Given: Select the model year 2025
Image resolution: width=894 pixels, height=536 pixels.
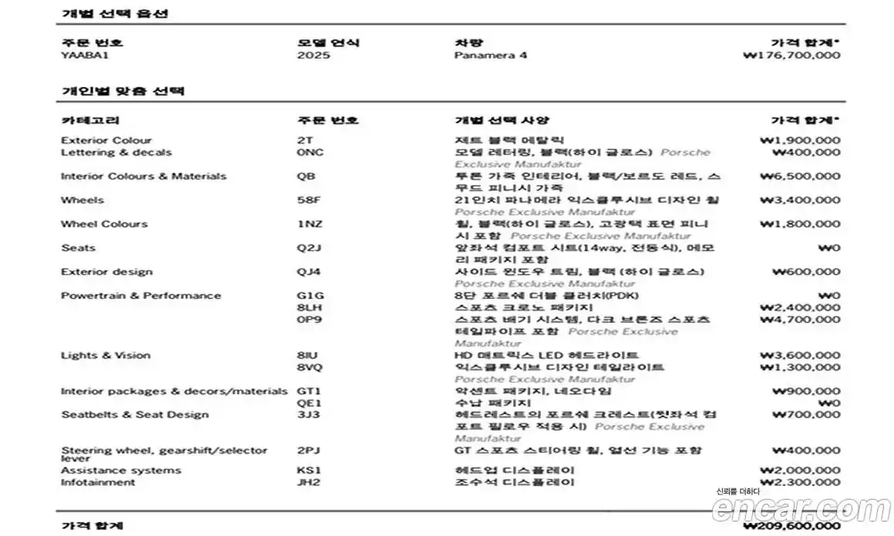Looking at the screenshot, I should click(x=313, y=55).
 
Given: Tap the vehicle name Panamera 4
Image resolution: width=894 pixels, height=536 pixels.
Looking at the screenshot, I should click(x=490, y=55).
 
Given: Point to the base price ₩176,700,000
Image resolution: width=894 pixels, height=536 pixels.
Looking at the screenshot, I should click(x=791, y=55).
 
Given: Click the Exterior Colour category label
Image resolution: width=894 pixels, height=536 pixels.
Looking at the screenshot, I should click(x=106, y=141).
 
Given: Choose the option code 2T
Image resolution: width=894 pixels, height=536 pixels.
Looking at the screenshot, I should click(x=304, y=141).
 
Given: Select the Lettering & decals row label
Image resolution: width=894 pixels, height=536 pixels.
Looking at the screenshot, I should click(x=116, y=152).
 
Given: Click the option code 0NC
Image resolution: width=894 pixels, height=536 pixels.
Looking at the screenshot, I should click(x=310, y=152).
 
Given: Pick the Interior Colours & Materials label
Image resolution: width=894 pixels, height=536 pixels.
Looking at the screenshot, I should click(x=143, y=176).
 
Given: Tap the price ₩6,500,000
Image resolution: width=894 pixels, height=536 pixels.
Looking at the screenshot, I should click(x=799, y=176).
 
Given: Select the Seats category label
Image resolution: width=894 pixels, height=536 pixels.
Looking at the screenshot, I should click(x=79, y=248).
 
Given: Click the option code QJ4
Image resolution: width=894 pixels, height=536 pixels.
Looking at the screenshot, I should click(x=308, y=272).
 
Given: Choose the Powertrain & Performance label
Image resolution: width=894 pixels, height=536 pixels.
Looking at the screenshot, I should click(x=141, y=296).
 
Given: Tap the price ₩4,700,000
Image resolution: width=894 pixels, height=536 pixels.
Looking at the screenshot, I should click(x=799, y=320).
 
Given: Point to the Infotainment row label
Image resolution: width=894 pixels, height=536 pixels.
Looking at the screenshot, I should click(x=98, y=483).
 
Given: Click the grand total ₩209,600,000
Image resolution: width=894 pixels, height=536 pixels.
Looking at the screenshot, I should click(x=791, y=527).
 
